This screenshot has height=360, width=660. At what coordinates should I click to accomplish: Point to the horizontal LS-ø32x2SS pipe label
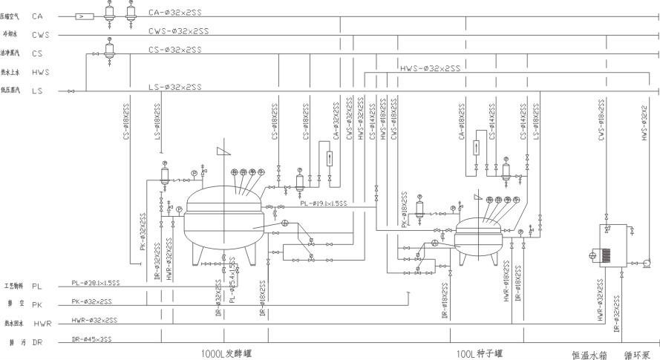[174, 87]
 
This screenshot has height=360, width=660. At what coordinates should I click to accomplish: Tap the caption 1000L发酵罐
[226, 353]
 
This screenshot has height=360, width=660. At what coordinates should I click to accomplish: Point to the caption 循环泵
[636, 355]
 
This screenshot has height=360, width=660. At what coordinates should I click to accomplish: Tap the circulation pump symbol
[646, 261]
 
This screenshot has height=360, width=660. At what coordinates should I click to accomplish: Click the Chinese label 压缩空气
[12, 16]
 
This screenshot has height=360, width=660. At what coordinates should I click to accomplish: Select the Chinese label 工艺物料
[14, 285]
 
